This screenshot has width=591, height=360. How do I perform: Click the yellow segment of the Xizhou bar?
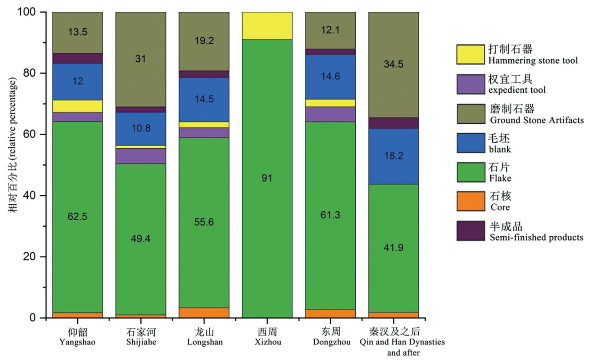click(x=267, y=25)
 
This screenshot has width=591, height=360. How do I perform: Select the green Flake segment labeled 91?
click(x=267, y=178)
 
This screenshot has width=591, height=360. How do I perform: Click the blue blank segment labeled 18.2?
click(x=393, y=156)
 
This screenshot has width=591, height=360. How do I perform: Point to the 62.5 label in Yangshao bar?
click(x=78, y=216)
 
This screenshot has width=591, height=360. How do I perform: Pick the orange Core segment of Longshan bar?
click(x=204, y=312)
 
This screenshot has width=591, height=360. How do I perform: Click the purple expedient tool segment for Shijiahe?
click(x=141, y=156)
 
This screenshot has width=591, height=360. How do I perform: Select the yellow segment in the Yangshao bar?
click(x=78, y=106)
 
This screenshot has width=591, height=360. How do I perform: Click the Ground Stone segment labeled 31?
click(x=141, y=59)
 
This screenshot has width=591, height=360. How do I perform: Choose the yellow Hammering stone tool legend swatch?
click(x=470, y=54)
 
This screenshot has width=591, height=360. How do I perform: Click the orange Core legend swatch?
click(x=470, y=201)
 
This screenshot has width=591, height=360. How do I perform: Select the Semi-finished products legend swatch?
click(x=470, y=231)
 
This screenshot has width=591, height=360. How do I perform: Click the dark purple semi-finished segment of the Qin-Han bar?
click(x=393, y=123)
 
